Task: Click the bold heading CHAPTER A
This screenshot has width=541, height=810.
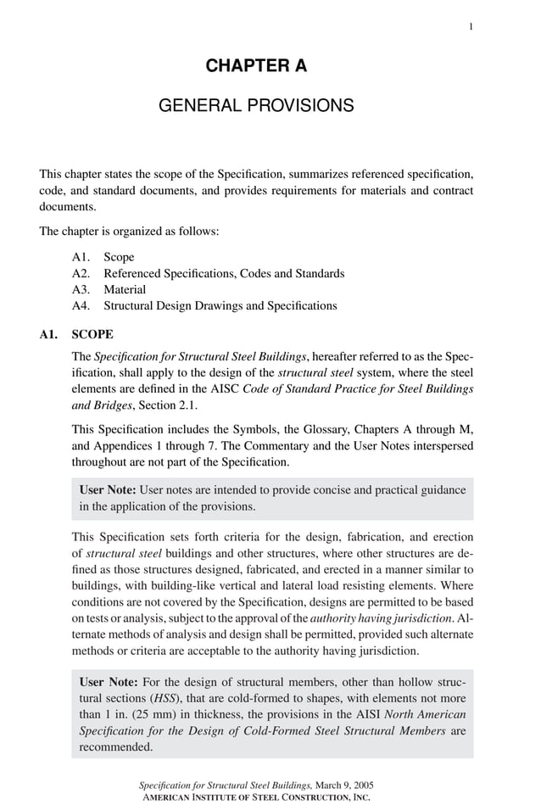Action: click(x=256, y=65)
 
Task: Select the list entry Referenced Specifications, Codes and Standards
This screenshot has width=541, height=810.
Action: click(x=224, y=273)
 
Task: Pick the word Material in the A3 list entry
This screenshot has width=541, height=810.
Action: click(x=125, y=289)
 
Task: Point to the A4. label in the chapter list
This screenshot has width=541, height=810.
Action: click(x=82, y=305)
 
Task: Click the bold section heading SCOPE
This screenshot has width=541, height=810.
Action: click(x=93, y=335)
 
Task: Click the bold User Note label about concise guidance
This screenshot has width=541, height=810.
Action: click(x=108, y=490)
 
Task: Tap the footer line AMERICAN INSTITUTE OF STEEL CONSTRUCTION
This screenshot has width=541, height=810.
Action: click(x=255, y=798)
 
